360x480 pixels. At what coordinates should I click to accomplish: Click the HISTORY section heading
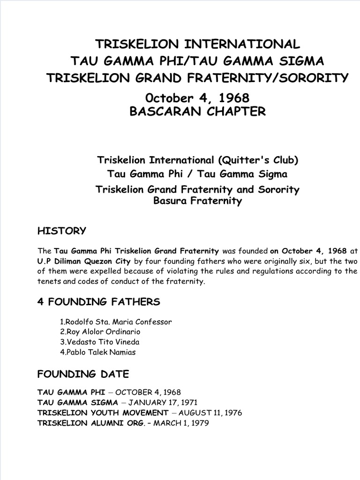pos(61,231)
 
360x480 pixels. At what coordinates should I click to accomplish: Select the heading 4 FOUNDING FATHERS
pos(98,301)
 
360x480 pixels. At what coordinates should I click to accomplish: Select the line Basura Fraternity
pos(197,201)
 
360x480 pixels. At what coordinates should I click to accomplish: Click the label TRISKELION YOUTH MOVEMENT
pos(103,413)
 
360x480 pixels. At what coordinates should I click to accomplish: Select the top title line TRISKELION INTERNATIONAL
pos(197,45)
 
